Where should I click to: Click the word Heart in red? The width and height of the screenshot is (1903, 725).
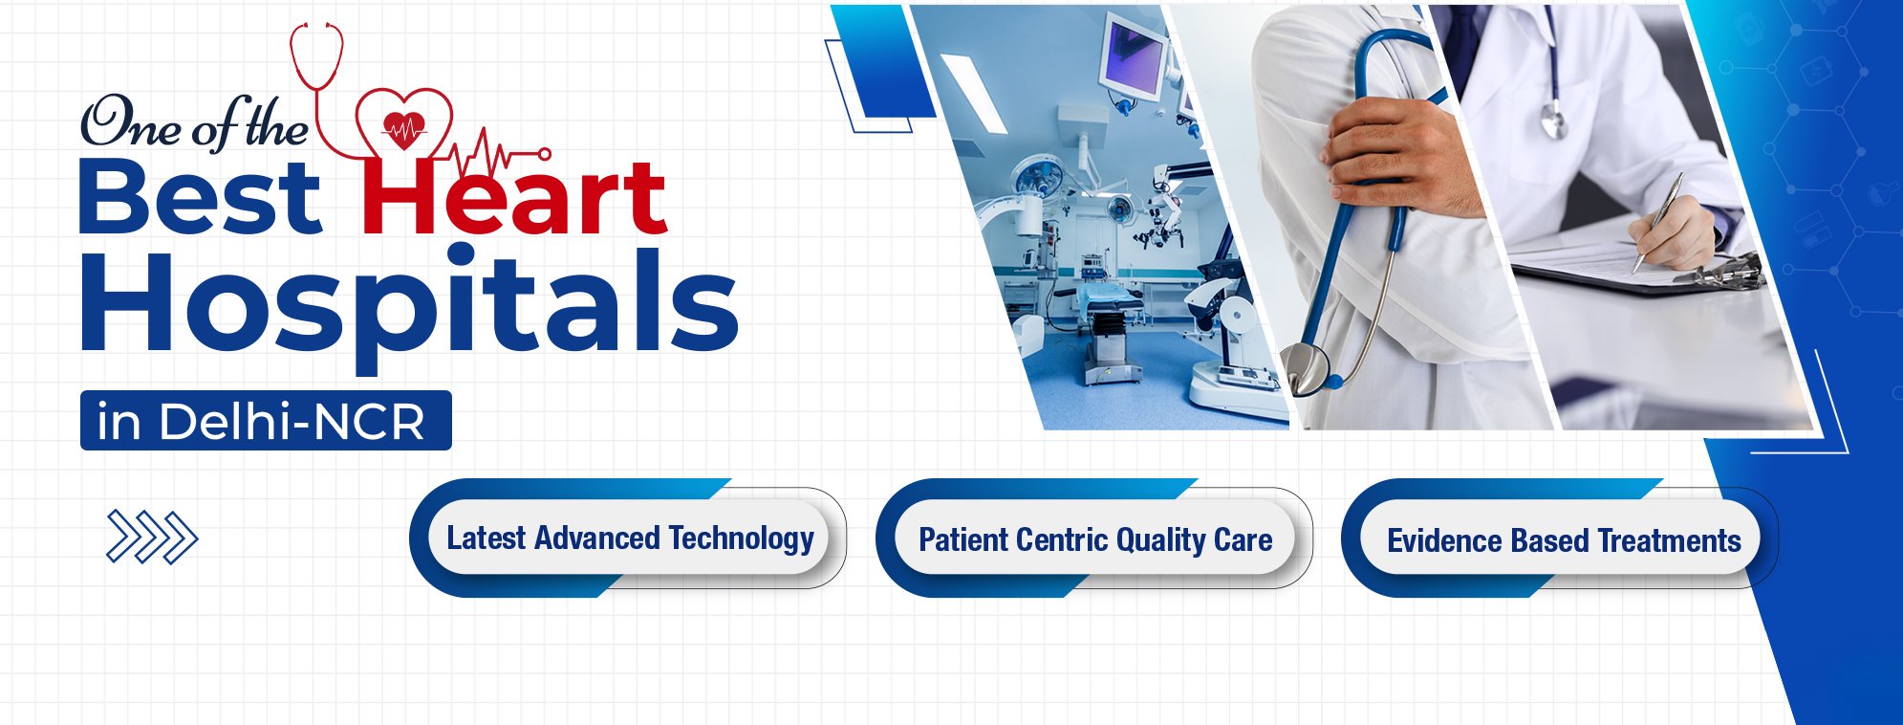513,196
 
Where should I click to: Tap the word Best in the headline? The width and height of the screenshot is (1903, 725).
200,196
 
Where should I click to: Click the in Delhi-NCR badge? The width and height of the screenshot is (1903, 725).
266,420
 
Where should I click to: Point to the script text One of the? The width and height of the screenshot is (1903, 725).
194,123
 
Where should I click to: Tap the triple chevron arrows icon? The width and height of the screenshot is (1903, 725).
152,537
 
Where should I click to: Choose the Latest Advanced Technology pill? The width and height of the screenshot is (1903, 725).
629,538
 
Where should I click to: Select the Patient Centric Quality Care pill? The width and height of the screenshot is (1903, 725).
1094,538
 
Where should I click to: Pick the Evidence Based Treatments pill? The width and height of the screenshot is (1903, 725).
1561,538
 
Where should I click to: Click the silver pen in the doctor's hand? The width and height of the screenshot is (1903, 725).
1658,222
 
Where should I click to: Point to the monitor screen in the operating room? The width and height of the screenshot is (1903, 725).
1134,56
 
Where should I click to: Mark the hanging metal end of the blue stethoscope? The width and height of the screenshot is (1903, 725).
1308,368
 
